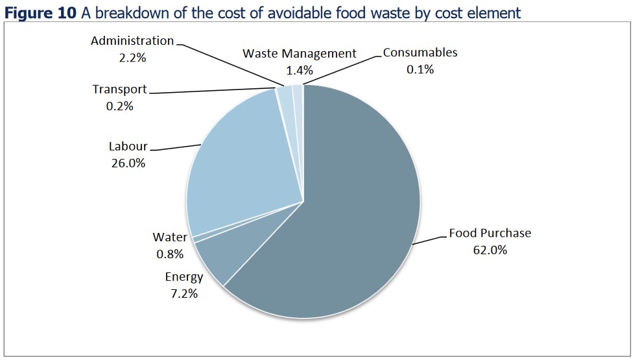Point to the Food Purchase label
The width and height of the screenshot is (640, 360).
pyautogui.click(x=490, y=233)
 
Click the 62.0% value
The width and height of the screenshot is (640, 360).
pyautogui.click(x=490, y=250)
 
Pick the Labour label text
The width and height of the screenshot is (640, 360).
pyautogui.click(x=128, y=147)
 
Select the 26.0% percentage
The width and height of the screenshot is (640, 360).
pyautogui.click(x=128, y=163)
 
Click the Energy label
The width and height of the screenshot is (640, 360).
pyautogui.click(x=184, y=277)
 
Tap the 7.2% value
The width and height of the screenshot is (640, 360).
pyautogui.click(x=184, y=294)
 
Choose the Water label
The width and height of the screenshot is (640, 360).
pyautogui.click(x=170, y=237)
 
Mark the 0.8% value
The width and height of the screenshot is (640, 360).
pyautogui.click(x=170, y=254)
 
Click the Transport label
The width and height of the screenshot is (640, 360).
pyautogui.click(x=119, y=89)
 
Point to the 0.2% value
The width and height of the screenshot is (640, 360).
pyautogui.click(x=119, y=106)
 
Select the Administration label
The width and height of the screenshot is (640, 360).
pyautogui.click(x=132, y=41)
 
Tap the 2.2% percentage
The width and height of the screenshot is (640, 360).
pyautogui.click(x=132, y=58)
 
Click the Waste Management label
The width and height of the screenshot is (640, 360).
pyautogui.click(x=300, y=54)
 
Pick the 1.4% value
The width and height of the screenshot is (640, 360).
pyautogui.click(x=300, y=70)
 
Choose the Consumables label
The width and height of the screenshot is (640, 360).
pyautogui.click(x=420, y=53)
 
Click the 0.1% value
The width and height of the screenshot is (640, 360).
pyautogui.click(x=420, y=69)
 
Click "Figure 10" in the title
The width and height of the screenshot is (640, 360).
pyautogui.click(x=40, y=12)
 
